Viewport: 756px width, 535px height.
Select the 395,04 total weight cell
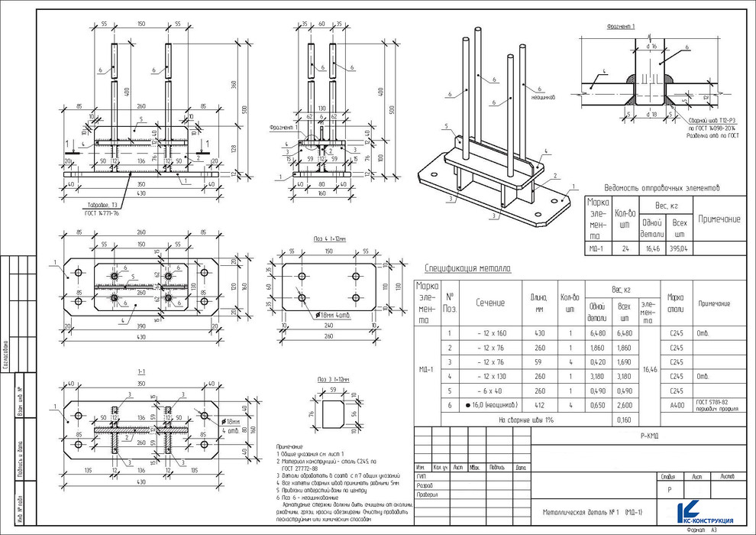678,248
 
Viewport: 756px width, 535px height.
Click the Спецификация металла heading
468,269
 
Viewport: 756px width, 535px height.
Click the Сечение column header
490,303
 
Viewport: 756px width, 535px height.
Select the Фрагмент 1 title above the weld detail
621,26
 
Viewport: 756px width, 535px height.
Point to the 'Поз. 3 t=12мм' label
333,379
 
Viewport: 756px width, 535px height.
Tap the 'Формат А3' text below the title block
703,529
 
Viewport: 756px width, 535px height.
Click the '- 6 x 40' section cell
490,390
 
